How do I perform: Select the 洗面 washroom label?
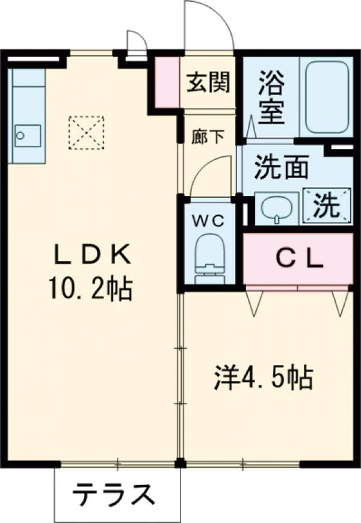281,168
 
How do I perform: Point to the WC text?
208,221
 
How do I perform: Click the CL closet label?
300,259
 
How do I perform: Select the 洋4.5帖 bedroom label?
263,378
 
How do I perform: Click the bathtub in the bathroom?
327,96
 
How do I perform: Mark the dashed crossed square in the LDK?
86,132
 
